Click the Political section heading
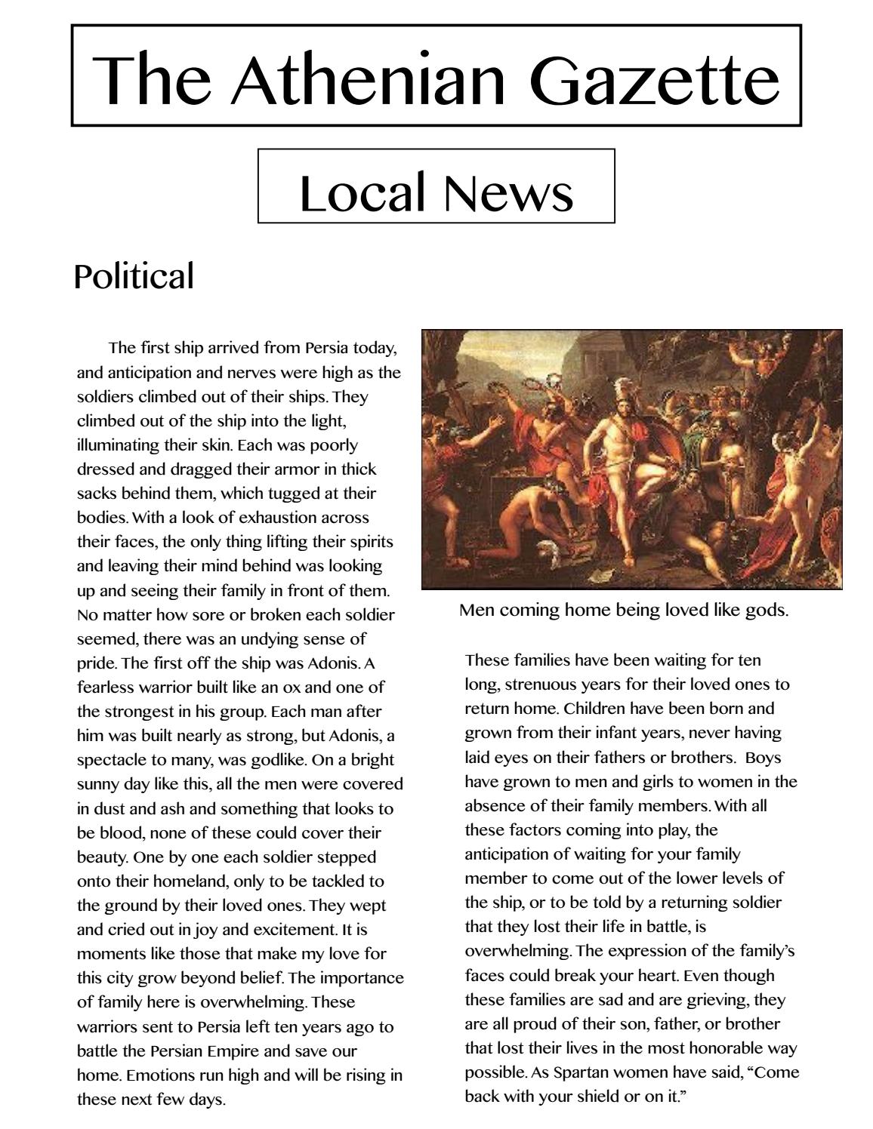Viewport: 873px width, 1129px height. pos(134,276)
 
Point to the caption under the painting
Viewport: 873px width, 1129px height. pos(624,610)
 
